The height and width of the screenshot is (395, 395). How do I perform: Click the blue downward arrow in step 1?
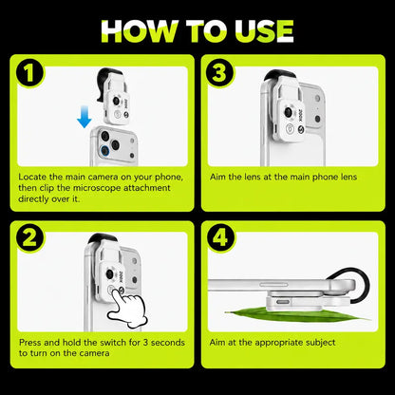85,117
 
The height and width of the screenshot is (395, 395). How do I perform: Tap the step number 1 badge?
30,73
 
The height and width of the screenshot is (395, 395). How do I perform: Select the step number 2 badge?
30,238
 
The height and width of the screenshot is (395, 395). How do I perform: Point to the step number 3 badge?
219,73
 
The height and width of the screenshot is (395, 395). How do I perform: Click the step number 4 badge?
220,237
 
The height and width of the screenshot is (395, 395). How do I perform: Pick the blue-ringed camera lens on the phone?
104,150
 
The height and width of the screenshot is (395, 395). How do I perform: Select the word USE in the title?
264,31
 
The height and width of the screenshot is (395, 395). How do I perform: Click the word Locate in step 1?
33,177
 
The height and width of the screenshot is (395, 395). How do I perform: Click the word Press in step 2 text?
30,343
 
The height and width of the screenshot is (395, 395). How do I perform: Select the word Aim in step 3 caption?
217,177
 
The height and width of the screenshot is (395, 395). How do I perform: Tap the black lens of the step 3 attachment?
288,112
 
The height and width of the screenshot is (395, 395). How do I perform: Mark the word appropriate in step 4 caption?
276,343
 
